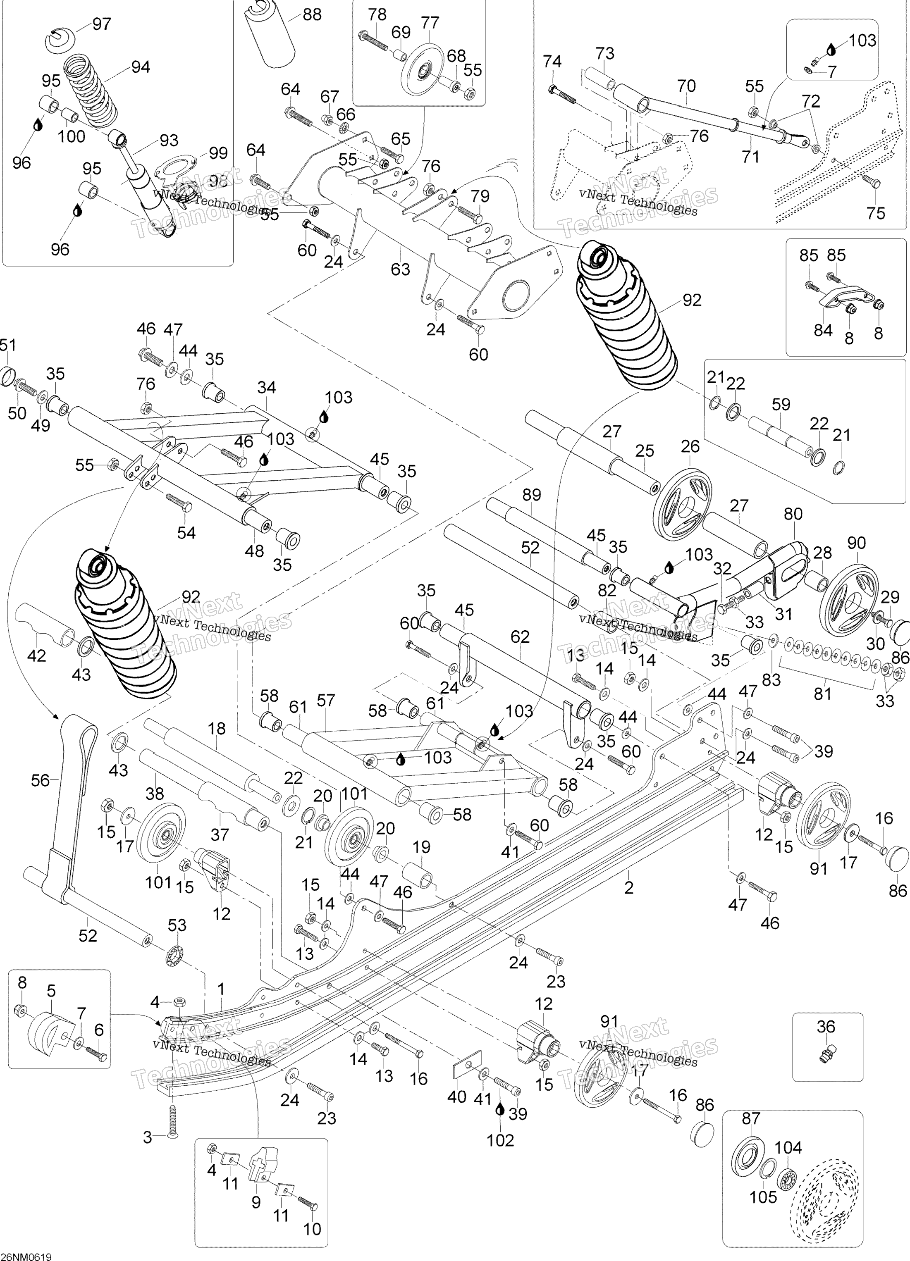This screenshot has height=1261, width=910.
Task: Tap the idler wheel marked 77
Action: (424, 70)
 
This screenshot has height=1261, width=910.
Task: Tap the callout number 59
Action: (781, 404)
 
